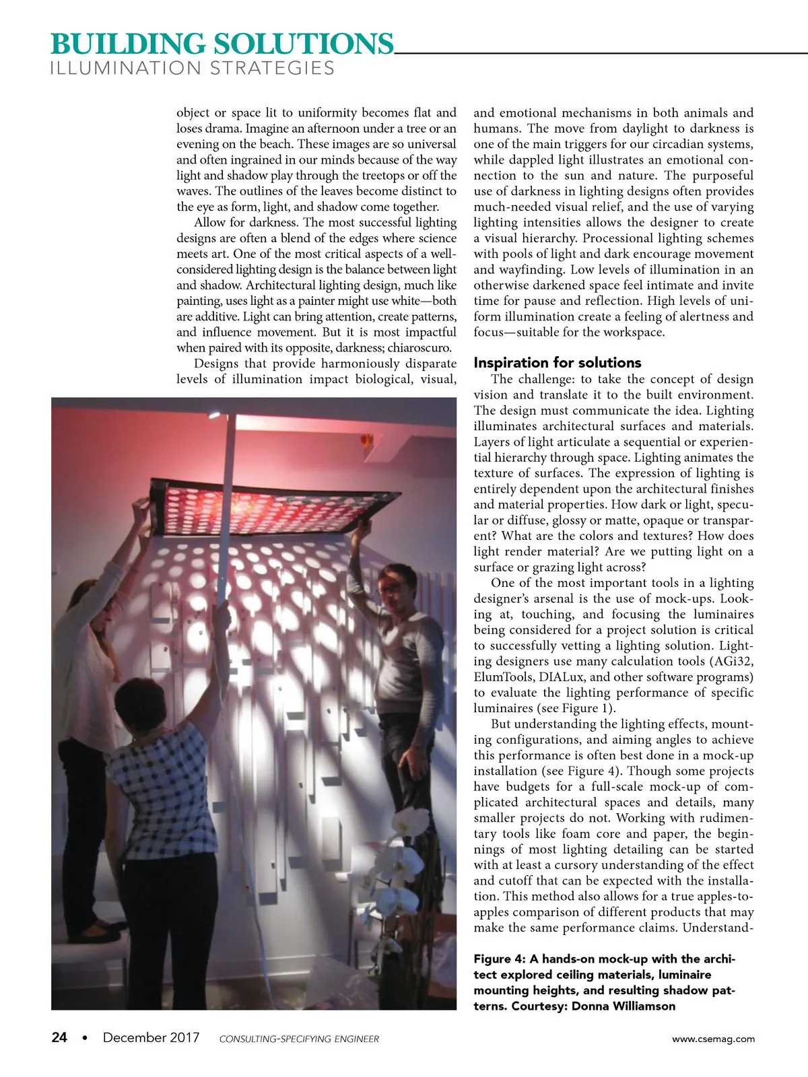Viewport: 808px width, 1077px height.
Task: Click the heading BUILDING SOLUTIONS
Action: click(x=222, y=44)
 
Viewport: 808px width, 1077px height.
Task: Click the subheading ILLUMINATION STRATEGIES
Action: click(x=193, y=69)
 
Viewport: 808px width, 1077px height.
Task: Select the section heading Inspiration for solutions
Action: click(x=558, y=363)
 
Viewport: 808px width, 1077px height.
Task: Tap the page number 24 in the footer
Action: click(x=59, y=1037)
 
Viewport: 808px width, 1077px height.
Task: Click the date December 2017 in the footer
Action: click(x=151, y=1037)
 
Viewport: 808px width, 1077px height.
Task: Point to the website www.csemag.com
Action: click(x=713, y=1039)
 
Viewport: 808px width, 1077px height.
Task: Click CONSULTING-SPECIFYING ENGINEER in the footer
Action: click(x=299, y=1039)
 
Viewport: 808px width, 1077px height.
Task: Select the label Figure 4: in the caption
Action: click(x=500, y=959)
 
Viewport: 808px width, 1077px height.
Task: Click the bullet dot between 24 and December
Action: click(x=84, y=1038)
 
